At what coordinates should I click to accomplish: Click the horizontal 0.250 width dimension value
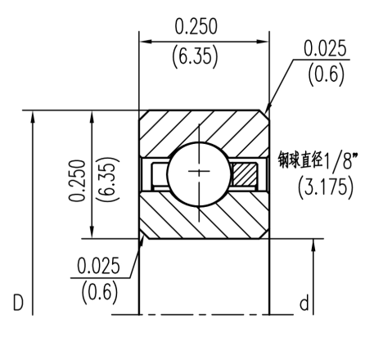click(196, 27)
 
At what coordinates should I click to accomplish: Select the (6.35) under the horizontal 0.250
click(196, 58)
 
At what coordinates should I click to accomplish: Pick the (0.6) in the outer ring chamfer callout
click(325, 76)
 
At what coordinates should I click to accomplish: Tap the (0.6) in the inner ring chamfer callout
click(97, 292)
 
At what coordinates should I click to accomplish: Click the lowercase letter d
click(305, 304)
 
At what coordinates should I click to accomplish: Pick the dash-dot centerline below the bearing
click(205, 314)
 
